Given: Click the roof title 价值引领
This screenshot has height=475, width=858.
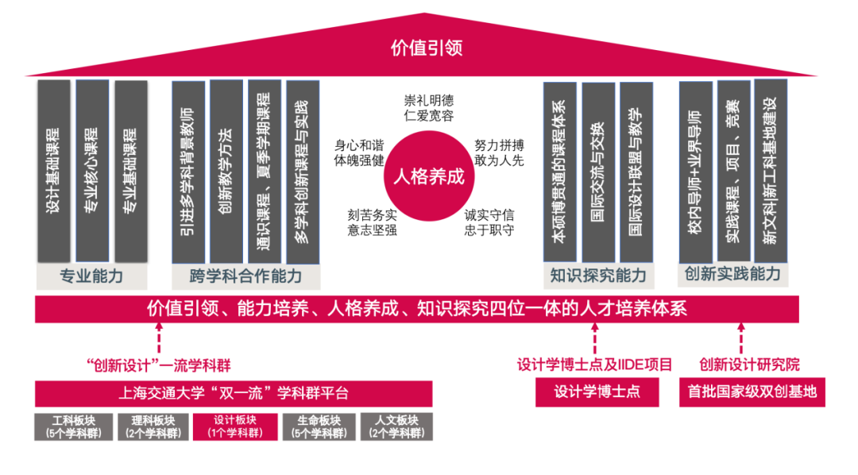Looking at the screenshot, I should tap(427, 48).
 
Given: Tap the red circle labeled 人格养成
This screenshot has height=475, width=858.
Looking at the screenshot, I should tap(428, 176).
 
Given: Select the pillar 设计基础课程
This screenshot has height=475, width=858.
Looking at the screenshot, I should tap(54, 170).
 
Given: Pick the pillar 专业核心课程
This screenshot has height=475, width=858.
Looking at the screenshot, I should tap(92, 170).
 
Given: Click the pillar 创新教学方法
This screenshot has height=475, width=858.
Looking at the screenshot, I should tap(226, 172).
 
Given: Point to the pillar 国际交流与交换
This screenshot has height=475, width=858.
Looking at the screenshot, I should tap(598, 172).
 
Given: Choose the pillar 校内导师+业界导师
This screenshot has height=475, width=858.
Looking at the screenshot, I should tap(696, 170).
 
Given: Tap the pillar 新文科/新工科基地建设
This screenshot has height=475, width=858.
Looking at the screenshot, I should tap(770, 170).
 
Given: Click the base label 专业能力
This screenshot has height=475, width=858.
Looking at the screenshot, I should tap(92, 276).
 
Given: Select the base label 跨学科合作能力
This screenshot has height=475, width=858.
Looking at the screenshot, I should tap(246, 276).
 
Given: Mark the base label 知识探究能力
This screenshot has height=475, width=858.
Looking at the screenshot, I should tap(598, 276).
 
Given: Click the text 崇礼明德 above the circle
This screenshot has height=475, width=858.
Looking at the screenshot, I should tap(428, 101).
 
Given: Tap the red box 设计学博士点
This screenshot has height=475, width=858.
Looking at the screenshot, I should tap(597, 392).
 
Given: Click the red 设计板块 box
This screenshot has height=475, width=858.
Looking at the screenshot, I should tap(235, 427).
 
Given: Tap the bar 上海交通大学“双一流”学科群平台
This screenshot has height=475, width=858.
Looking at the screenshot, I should tap(234, 393).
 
